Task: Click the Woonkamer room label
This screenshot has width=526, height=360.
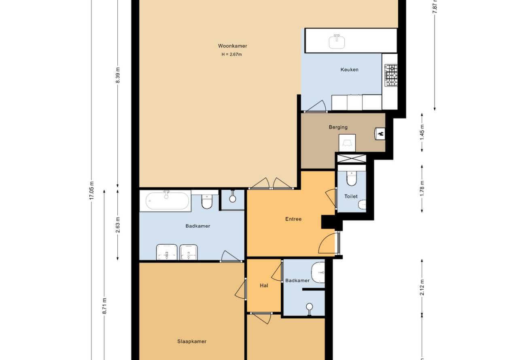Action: pos(233,46)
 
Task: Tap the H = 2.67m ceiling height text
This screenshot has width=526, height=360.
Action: pos(231,55)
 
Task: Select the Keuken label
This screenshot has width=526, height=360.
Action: pos(350,70)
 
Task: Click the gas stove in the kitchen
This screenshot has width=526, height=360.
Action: pos(391,75)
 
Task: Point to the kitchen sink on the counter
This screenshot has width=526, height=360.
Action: pos(337,42)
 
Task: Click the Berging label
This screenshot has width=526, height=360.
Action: pos(338,127)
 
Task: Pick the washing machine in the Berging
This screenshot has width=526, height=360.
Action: pos(347,143)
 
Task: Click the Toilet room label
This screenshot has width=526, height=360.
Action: pos(351,196)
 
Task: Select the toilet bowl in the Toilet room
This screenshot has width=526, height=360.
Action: pos(352,178)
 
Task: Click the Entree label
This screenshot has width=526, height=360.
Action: pos(293,219)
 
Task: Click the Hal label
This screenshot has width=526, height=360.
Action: pos(264,286)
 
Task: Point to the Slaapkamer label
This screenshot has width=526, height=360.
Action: pos(192,341)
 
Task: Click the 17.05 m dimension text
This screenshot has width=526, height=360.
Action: pos(91,191)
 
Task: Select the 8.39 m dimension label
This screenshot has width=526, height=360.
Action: pos(118,75)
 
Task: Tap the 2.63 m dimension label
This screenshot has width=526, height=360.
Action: pos(118,225)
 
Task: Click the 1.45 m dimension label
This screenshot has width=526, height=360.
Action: pos(422,132)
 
